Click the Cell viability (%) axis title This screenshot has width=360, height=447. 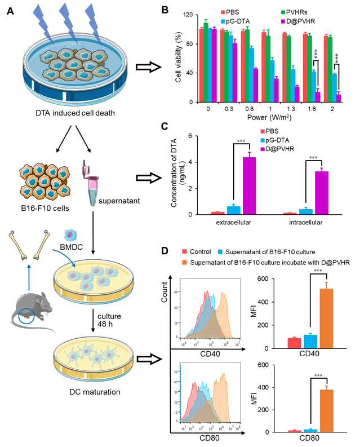click(179, 57)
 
